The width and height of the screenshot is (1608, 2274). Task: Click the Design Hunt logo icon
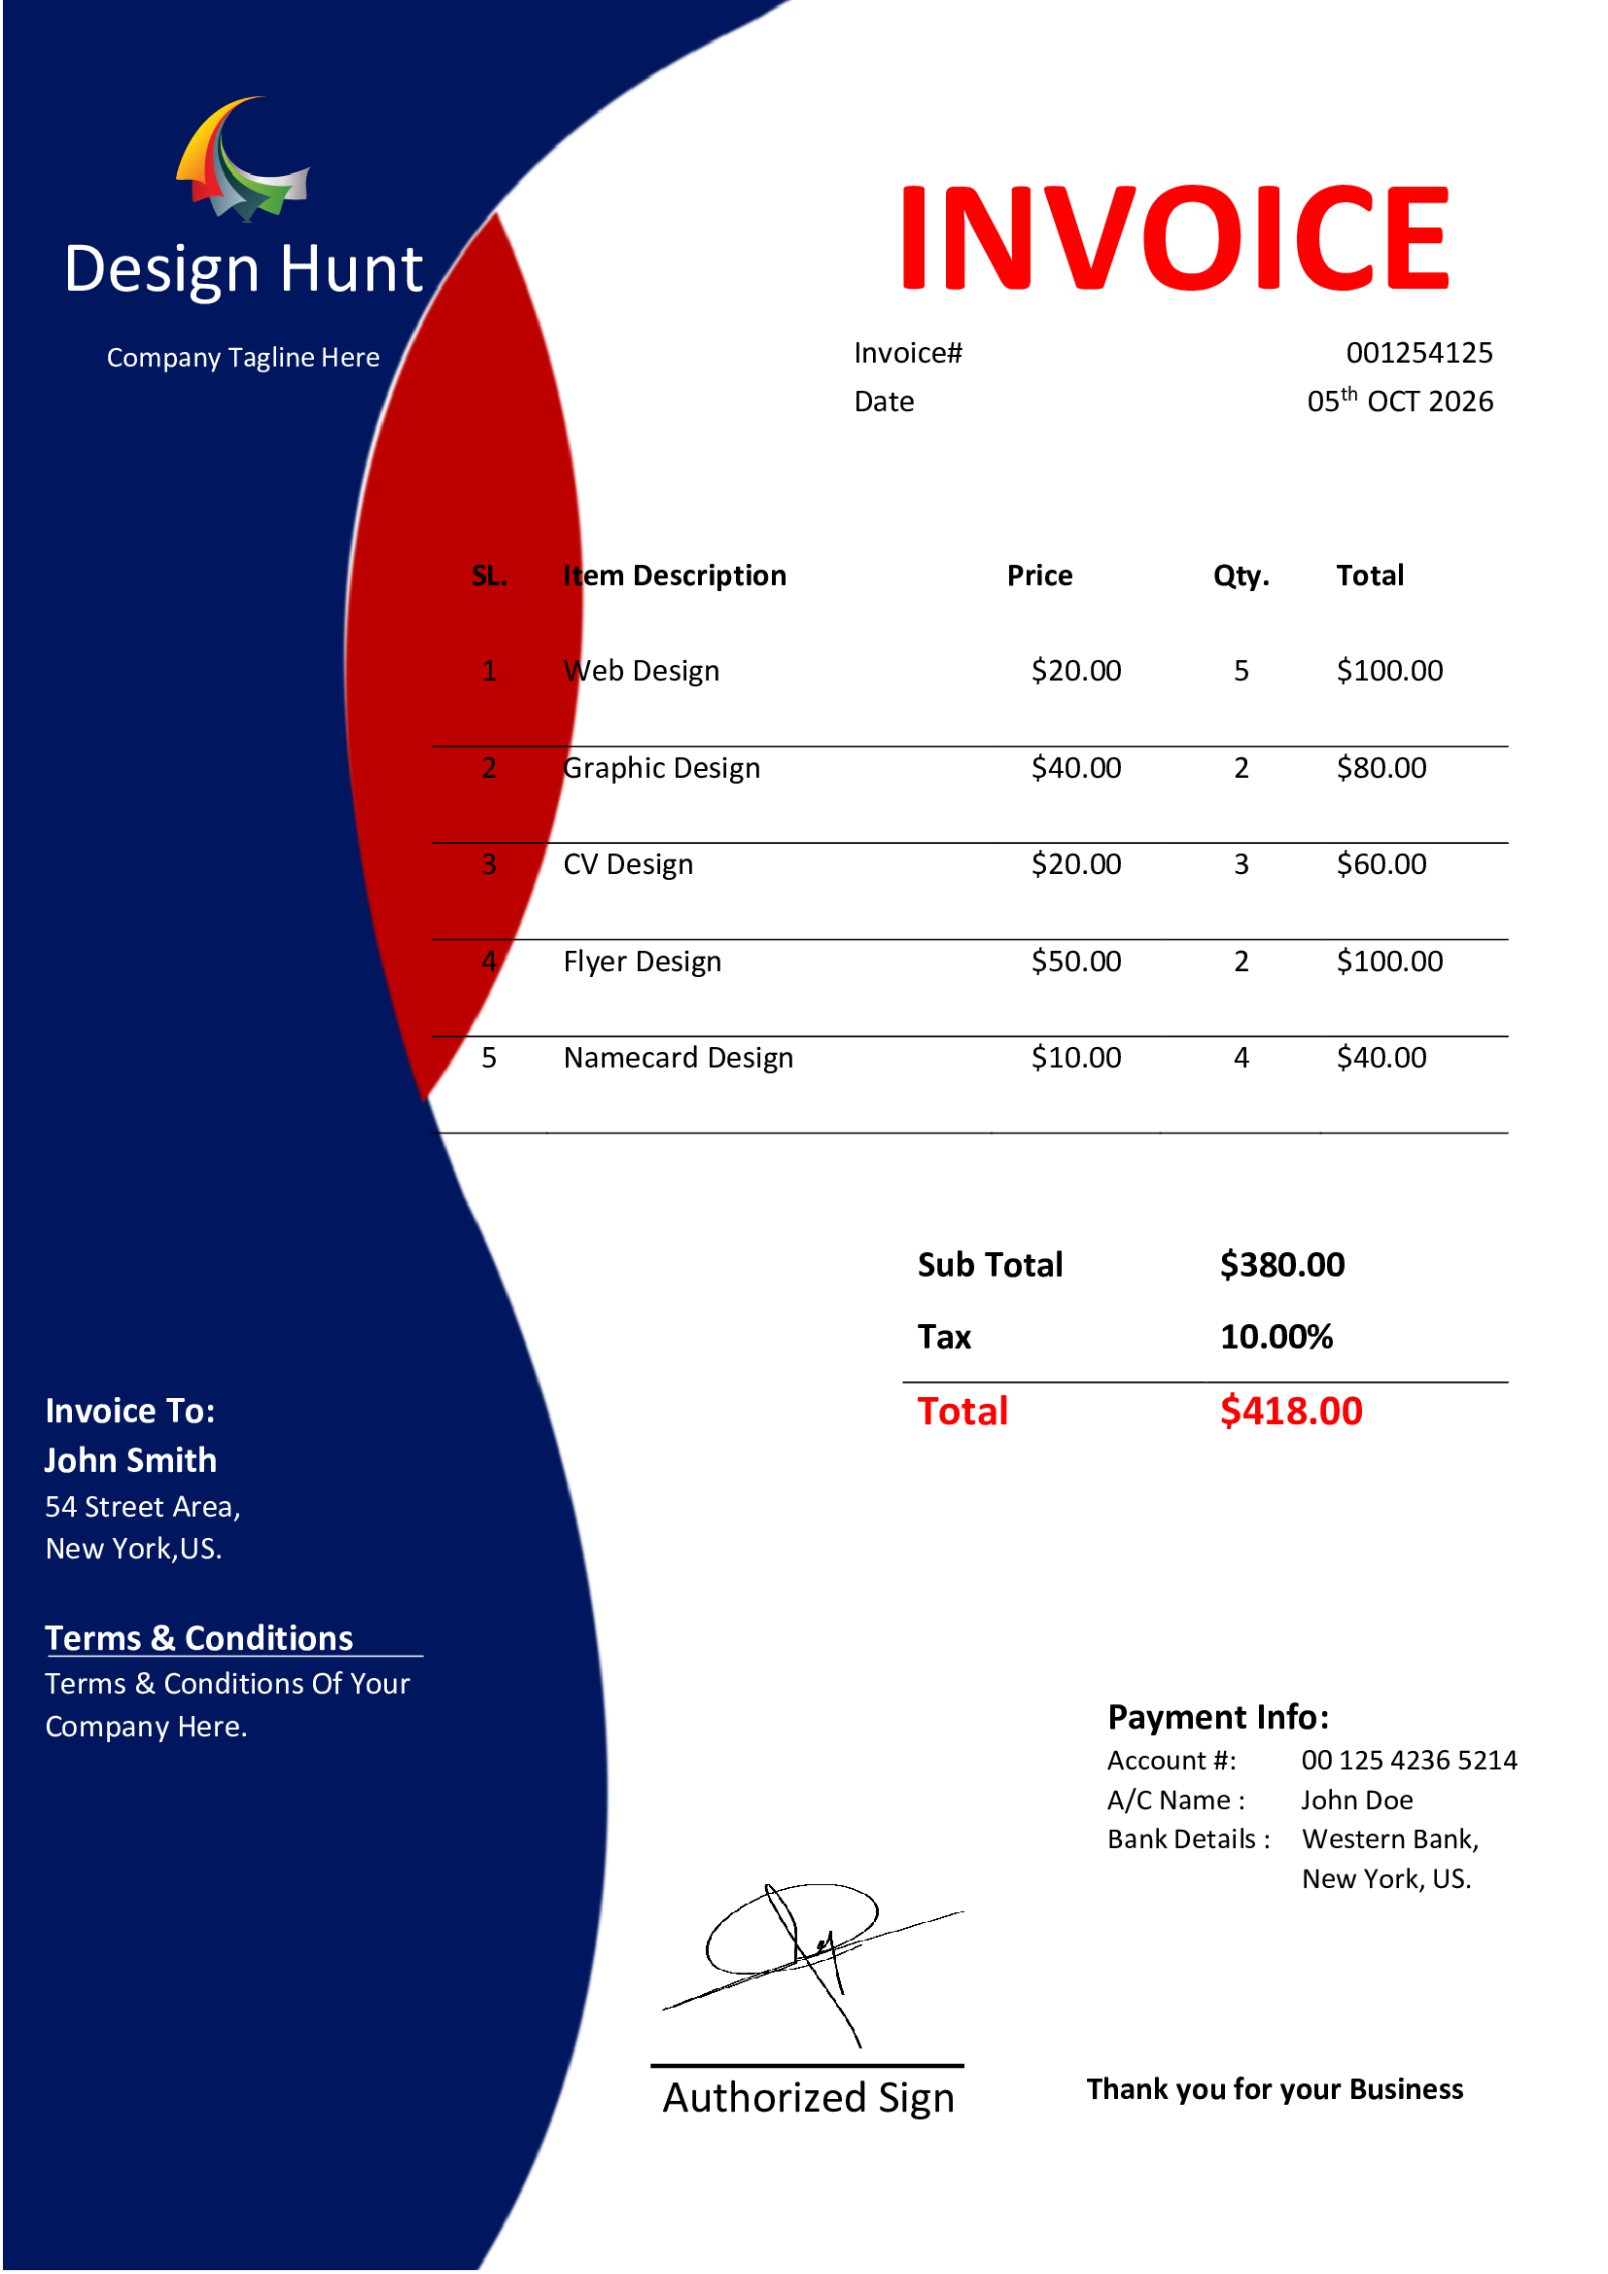(244, 158)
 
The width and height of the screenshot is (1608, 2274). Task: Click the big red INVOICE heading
(1174, 239)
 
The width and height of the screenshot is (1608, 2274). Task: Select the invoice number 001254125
(1418, 354)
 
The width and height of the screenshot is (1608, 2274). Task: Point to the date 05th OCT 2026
(1399, 402)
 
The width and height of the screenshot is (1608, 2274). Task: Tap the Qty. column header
(1241, 577)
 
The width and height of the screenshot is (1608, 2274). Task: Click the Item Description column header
(675, 577)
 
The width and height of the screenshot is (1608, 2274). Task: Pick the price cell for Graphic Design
(1075, 769)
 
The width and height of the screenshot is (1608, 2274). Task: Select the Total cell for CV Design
(1381, 864)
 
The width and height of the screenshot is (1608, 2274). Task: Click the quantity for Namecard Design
(1241, 1059)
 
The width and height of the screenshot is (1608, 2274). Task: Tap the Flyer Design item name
(642, 962)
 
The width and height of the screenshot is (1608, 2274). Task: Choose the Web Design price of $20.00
(1075, 672)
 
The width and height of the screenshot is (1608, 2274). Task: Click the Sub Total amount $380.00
(1281, 1266)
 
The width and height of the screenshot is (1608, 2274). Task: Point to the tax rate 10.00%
(1276, 1338)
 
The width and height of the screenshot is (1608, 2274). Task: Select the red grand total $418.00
(1290, 1413)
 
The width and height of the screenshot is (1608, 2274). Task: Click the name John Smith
(130, 1461)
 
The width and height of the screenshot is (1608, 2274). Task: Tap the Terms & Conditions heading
(199, 1639)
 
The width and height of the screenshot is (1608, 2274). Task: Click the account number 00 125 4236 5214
(1408, 1761)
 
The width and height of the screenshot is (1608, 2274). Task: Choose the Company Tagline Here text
(244, 358)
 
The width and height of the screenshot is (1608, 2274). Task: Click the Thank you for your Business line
(1275, 2090)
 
